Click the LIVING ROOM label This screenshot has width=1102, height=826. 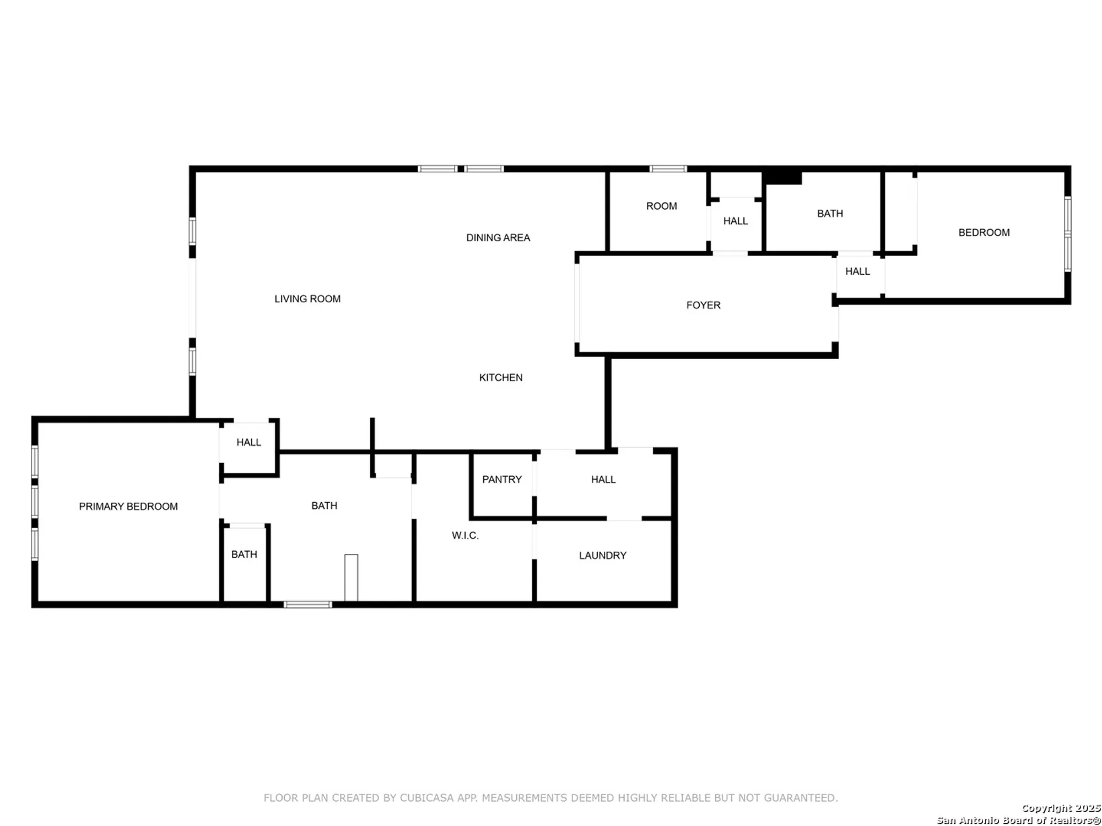coord(307,299)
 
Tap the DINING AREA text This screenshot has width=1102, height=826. coord(498,238)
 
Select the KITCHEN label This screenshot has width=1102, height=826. coord(501,378)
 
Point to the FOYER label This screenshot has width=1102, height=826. coord(703,305)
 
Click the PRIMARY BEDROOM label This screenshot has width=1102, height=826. coord(128,507)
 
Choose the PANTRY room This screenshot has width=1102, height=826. coord(501,480)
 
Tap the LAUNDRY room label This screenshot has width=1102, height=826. coord(602,556)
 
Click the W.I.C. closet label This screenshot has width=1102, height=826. coord(465,535)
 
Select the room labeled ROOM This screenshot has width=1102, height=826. coord(661,206)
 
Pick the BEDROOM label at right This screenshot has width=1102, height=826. coord(984,232)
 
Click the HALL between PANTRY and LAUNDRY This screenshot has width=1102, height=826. coord(603,480)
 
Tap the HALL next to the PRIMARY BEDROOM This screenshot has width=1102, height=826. coord(249,442)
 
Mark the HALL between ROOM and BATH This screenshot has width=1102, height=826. coord(735,221)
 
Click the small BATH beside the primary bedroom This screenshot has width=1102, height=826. coord(244,555)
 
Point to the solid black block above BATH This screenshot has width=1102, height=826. coord(782,177)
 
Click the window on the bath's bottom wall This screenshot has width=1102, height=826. coord(307,605)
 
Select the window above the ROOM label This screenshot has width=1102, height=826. coord(668,169)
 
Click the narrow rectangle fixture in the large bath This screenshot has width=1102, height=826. coord(351,577)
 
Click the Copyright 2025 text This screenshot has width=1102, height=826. coord(1061,808)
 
